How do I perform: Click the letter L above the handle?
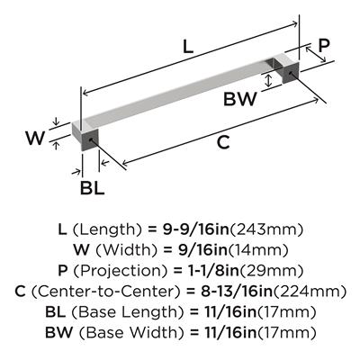coord(188,47)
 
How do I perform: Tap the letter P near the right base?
coord(324,46)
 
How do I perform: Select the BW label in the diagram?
coord(240,99)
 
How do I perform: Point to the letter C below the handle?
coord(223,142)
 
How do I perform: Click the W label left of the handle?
coord(35,138)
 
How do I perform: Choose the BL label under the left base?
coord(92,188)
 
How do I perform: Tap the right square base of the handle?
coord(287,68)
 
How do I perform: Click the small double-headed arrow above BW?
coord(269,80)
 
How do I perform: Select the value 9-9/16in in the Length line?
coord(196,229)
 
